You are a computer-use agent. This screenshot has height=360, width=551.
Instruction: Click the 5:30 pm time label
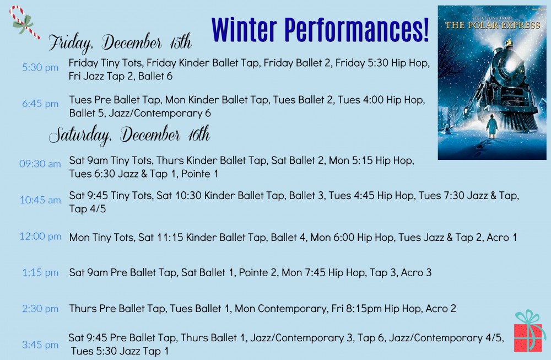pyautogui.click(x=40, y=67)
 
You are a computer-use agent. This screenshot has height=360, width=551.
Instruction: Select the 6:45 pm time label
pyautogui.click(x=40, y=104)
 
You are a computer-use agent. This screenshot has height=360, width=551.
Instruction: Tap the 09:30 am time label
pyautogui.click(x=40, y=164)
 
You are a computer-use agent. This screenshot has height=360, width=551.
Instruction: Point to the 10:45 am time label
pyautogui.click(x=40, y=200)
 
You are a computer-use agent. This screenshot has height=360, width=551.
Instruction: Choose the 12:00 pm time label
pyautogui.click(x=40, y=237)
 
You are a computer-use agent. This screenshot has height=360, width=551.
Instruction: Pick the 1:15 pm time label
pyautogui.click(x=40, y=272)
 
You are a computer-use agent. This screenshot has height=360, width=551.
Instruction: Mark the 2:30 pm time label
pyautogui.click(x=40, y=309)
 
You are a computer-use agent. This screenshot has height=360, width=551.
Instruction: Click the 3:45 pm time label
pyautogui.click(x=40, y=345)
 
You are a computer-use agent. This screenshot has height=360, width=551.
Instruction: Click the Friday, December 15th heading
pyautogui.click(x=120, y=43)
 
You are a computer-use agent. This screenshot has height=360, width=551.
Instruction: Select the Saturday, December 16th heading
pyautogui.click(x=129, y=136)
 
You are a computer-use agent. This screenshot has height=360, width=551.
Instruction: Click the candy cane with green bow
pyautogui.click(x=23, y=22)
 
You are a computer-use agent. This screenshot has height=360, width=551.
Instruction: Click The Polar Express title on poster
pyautogui.click(x=493, y=25)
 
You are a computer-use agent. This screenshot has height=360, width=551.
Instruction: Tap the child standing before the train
pyautogui.click(x=492, y=128)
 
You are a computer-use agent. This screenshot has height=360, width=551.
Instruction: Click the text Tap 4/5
pyautogui.click(x=88, y=209)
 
